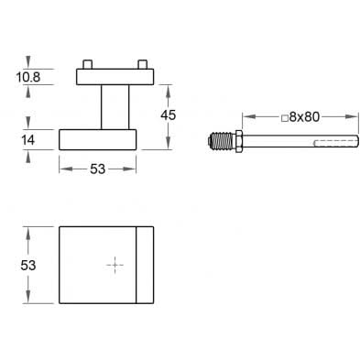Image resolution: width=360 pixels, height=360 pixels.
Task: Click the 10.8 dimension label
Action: coord(28,77)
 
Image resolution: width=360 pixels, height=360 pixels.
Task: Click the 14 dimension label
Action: coord(27,140)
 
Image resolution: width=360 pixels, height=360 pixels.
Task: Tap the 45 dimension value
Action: coord(169,115)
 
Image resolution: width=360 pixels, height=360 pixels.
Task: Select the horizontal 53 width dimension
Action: coord(97,169)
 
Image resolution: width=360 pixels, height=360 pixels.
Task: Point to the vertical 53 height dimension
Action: coord(28,266)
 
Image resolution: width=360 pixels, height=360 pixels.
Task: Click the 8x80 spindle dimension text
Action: coord(304,117)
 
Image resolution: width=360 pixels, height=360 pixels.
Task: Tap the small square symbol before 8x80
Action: coord(285,118)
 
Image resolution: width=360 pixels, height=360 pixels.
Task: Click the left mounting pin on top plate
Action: coord(87,64)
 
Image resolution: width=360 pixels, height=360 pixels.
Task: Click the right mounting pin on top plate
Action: coord(143,64)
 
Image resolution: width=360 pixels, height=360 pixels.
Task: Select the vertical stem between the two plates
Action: coord(115,107)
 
